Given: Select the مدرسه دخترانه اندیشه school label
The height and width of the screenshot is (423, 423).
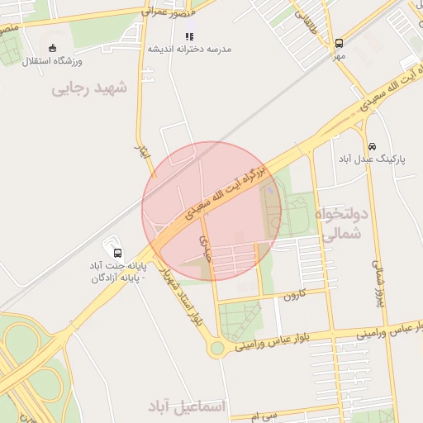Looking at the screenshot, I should click(190, 49).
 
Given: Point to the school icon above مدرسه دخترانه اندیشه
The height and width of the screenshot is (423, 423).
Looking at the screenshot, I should click(189, 36).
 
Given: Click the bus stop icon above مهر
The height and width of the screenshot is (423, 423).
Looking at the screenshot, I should click(339, 44).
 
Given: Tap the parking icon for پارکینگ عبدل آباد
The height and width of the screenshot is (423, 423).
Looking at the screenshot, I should click(373, 145).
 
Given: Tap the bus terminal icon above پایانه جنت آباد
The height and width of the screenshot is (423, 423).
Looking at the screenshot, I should click(116, 253).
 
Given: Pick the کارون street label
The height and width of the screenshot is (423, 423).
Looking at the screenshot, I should click(295, 293).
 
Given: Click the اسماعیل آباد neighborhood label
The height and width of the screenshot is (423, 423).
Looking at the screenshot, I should click(187, 406).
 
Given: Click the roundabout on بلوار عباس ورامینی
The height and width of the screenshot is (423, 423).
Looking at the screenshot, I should click(217, 348).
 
